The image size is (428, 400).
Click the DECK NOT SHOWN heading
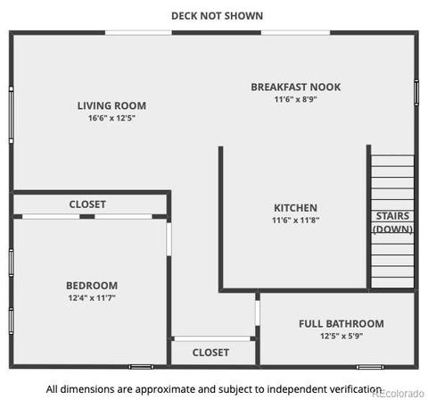[218, 16]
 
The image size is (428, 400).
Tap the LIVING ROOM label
[111, 105]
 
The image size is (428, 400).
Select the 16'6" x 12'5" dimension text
[111, 118]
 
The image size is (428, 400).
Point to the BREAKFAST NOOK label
[296, 87]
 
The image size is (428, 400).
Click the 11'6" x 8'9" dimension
[296, 99]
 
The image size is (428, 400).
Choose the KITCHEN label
[295, 208]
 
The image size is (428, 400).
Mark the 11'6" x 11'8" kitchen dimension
[295, 220]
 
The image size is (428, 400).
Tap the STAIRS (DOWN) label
[392, 222]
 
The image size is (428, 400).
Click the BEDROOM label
[92, 286]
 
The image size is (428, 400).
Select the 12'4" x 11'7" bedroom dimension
[92, 297]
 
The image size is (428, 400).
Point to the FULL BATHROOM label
[342, 323]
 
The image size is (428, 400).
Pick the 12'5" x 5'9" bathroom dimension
[342, 336]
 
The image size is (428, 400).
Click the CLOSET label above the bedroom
[87, 204]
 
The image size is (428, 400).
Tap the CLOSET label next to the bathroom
[210, 353]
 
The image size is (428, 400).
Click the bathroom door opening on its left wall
[258, 313]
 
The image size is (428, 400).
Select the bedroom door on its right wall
[169, 239]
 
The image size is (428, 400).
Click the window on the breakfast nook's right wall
[416, 93]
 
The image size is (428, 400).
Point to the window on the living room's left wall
[12, 115]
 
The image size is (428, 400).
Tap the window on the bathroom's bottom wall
[370, 367]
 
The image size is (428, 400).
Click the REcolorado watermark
[399, 393]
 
